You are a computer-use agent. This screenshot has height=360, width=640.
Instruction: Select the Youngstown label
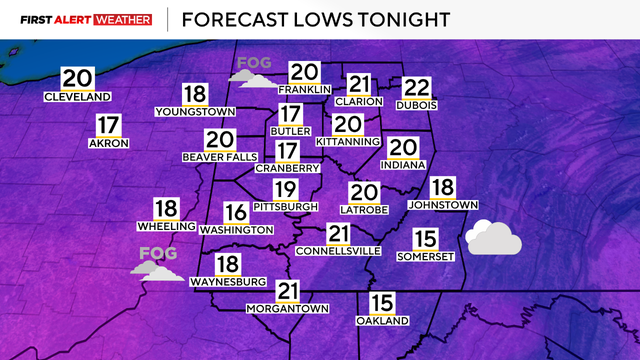point(195,113)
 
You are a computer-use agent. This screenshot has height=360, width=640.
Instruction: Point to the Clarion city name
point(360,102)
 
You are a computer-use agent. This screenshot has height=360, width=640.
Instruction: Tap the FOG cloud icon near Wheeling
point(158,262)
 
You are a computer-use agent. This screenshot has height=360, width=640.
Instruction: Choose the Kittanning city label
point(347,141)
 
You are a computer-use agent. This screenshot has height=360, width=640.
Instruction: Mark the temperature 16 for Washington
point(236,213)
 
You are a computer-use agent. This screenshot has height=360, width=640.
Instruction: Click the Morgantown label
point(288,309)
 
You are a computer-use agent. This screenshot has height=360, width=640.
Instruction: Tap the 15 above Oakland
point(382,304)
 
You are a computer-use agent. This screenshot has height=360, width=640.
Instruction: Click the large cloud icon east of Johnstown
point(493,238)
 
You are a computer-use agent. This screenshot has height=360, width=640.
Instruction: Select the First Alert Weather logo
point(86,19)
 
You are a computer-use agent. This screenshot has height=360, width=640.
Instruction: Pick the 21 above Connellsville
point(340,234)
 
